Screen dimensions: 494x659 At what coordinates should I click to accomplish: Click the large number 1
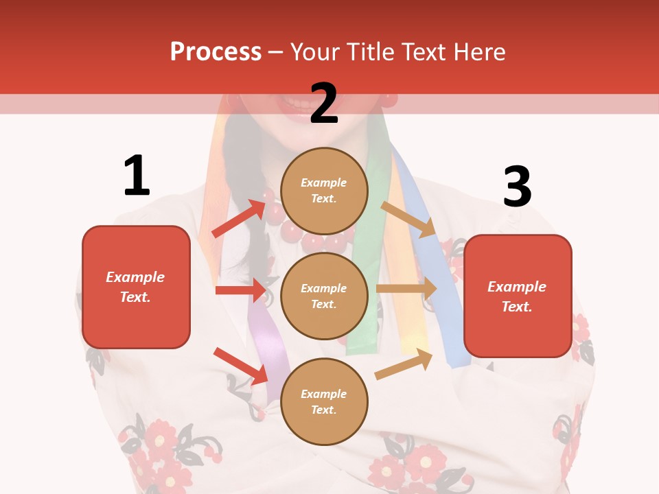137,176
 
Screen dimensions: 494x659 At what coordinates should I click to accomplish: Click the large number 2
324,104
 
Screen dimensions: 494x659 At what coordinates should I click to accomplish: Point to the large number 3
517,187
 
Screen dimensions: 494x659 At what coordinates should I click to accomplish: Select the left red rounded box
136,287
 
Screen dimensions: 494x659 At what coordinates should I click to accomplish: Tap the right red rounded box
518,296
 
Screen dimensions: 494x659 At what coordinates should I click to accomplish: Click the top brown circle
324,191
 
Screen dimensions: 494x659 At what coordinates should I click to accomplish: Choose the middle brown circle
324,296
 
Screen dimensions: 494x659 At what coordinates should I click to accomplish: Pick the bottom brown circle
324,401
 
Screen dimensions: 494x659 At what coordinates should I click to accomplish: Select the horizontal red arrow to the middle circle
240,290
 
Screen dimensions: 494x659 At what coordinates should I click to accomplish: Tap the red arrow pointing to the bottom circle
240,366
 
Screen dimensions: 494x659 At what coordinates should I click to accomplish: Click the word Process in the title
216,51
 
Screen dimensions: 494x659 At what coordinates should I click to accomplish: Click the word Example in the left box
135,277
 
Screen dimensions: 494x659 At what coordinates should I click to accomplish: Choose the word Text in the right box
516,307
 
